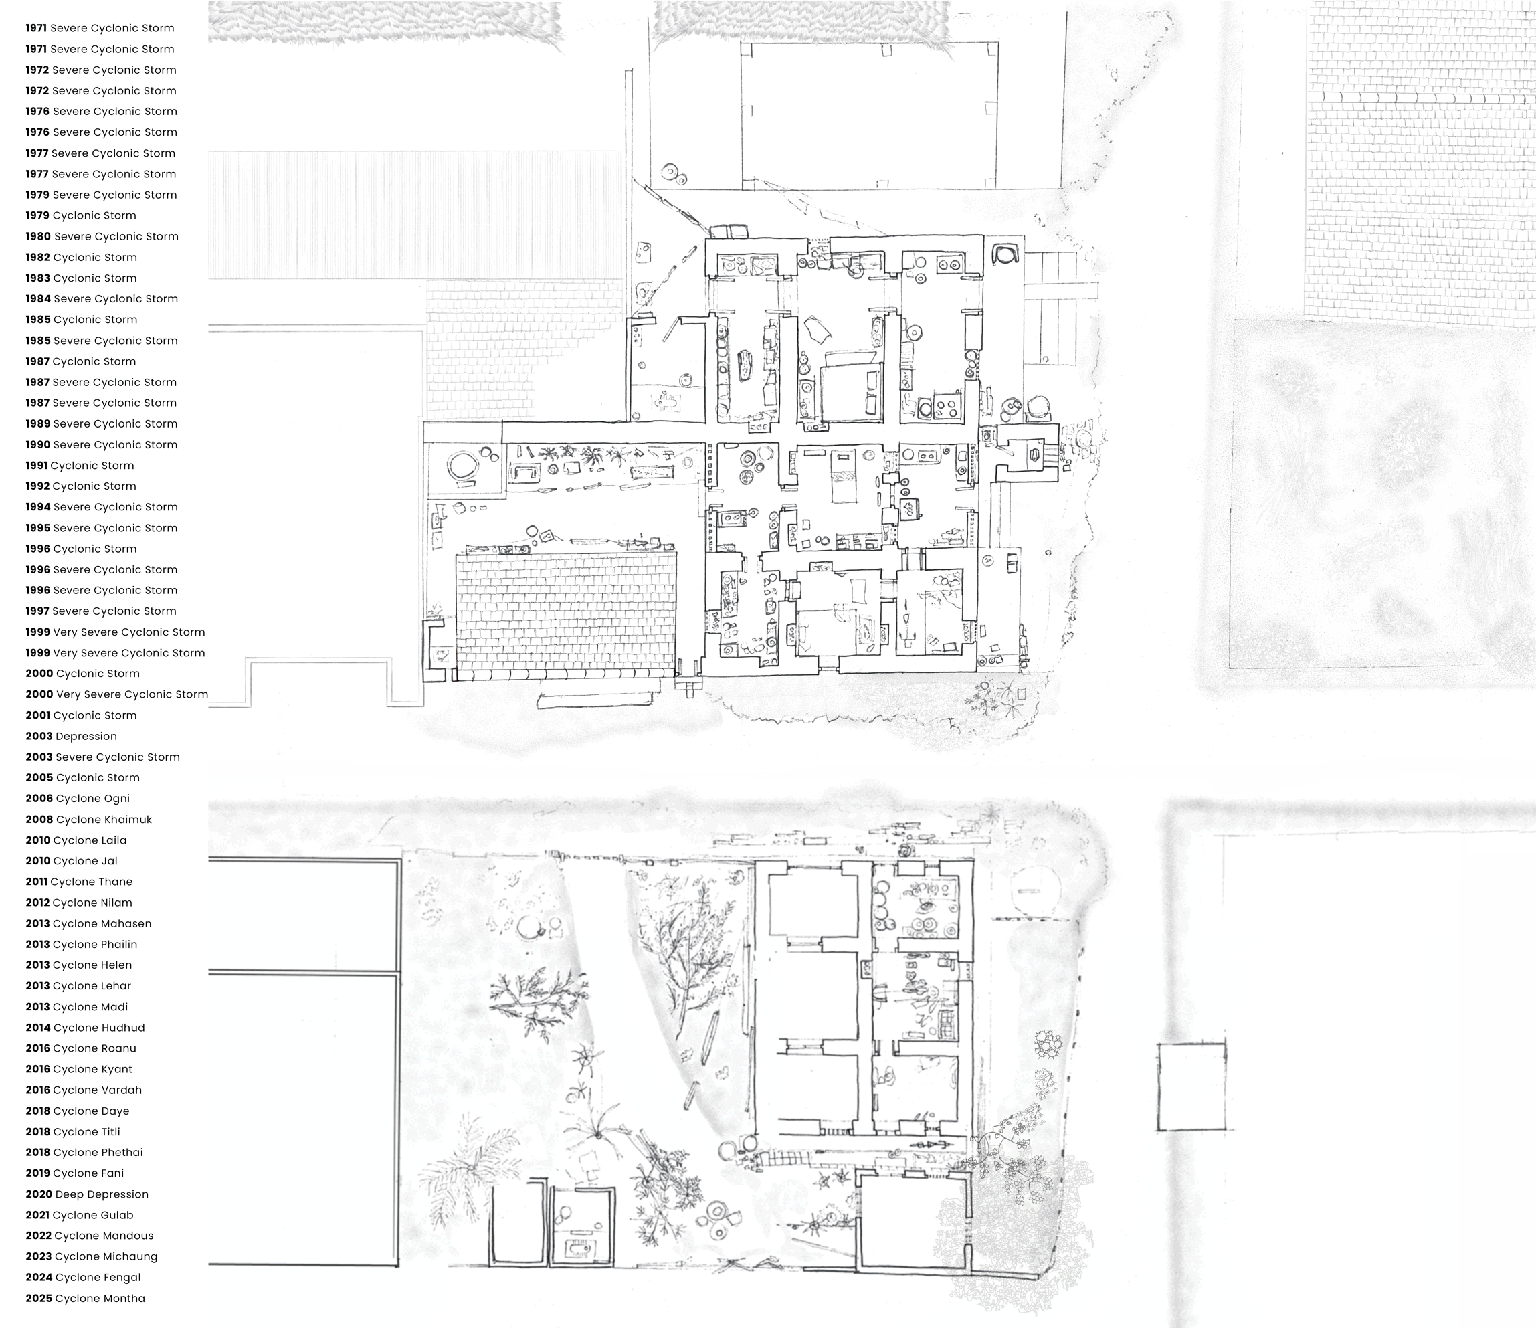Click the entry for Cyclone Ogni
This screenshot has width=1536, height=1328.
[x=78, y=799]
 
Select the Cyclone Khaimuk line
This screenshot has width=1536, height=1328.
[x=89, y=820]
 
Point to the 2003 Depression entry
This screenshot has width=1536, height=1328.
[x=71, y=737]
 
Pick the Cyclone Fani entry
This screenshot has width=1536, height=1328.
[x=75, y=1173]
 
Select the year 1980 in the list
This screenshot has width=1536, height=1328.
[x=38, y=237]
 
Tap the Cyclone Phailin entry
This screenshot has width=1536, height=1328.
[x=82, y=945]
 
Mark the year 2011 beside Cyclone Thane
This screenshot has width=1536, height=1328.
[x=36, y=882]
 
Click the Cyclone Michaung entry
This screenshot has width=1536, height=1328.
[x=91, y=1257]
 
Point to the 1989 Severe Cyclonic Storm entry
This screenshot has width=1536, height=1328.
[x=102, y=424]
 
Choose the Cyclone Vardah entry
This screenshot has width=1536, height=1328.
[x=84, y=1090]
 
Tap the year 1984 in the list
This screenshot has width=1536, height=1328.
[x=38, y=299]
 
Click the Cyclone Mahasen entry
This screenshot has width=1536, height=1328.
[x=88, y=924]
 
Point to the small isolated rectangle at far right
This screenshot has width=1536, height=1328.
[x=1192, y=1087]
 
